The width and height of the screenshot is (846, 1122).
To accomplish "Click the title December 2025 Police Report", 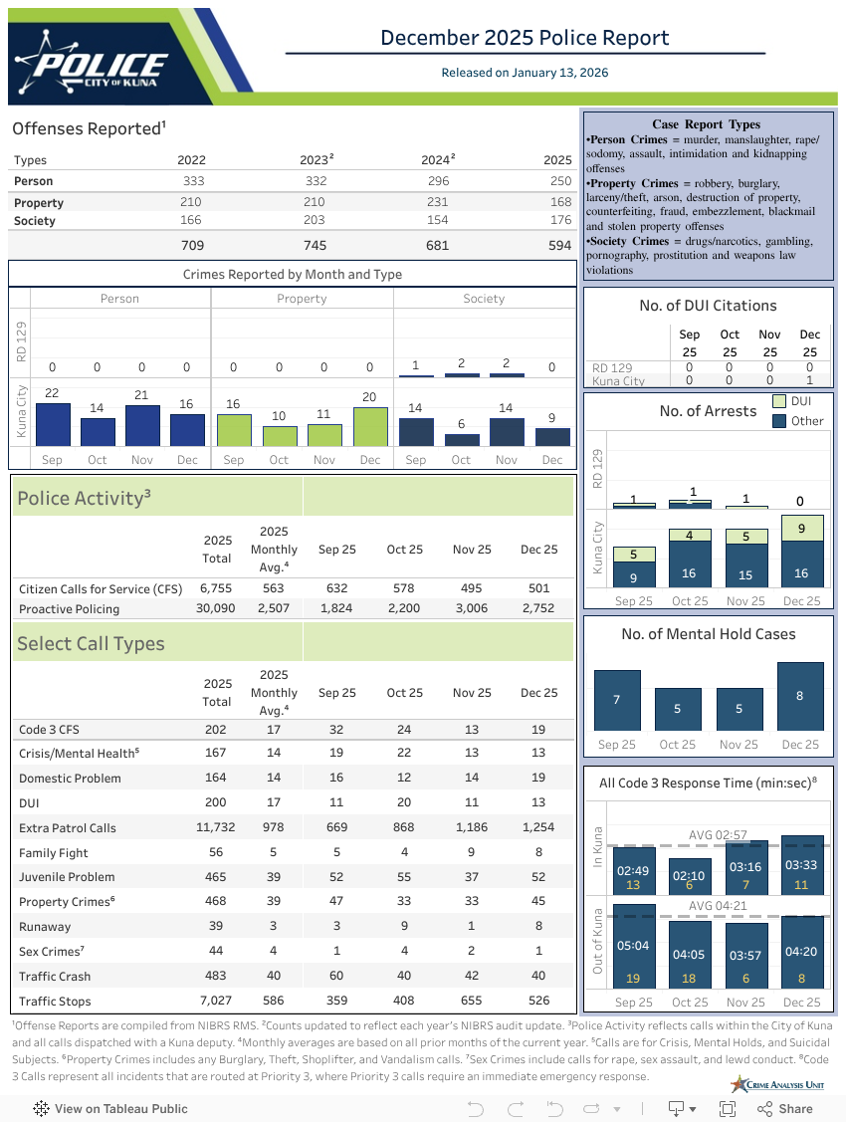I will point(525,38).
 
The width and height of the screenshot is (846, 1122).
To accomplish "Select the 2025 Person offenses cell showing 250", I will point(560,181).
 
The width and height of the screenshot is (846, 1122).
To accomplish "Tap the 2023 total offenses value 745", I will point(314,245).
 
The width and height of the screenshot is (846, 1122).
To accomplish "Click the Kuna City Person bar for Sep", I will point(53,425).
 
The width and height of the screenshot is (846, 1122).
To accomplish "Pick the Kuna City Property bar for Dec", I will point(369,427).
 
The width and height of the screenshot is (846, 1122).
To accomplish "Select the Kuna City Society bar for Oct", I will point(462,439).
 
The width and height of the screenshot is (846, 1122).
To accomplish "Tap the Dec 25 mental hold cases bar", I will point(800,696).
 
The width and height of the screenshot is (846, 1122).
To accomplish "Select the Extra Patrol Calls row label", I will point(68,828).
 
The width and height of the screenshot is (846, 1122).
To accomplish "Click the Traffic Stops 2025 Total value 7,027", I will point(216,1002).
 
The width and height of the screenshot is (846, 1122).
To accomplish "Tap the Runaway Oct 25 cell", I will point(404,927).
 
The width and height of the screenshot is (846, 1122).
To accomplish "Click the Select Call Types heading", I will point(91,644).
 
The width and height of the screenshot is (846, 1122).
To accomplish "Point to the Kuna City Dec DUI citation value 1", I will point(809,380).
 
